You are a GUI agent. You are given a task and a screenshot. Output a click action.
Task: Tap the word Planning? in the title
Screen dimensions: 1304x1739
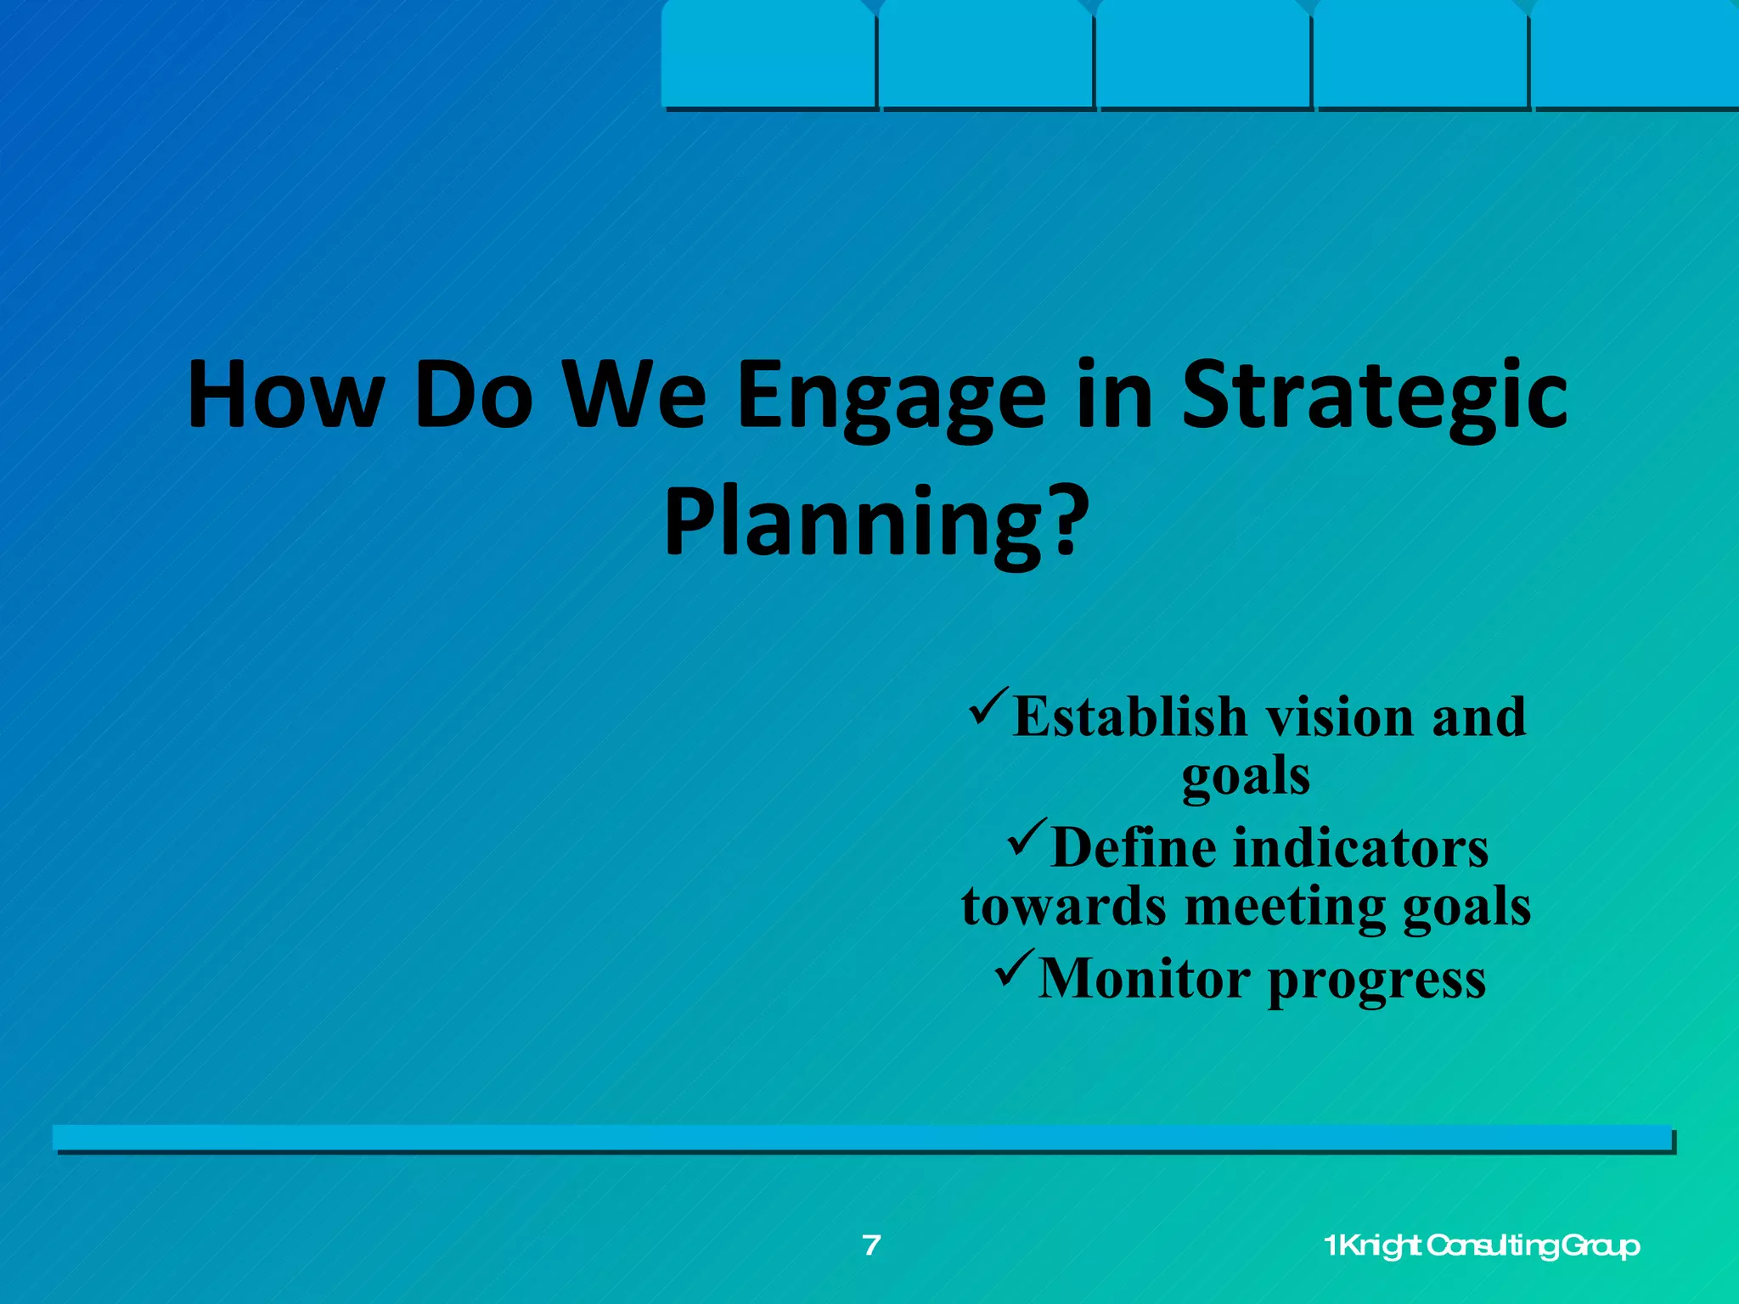pyautogui.click(x=875, y=521)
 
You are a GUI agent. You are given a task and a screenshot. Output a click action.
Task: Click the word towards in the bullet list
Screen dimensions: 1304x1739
pyautogui.click(x=1064, y=906)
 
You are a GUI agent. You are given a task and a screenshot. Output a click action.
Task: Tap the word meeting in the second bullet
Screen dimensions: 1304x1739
pyautogui.click(x=1284, y=906)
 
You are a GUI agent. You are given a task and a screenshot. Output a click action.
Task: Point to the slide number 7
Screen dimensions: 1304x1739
pyautogui.click(x=871, y=1245)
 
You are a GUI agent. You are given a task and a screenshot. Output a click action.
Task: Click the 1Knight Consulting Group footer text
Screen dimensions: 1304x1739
pyautogui.click(x=1482, y=1246)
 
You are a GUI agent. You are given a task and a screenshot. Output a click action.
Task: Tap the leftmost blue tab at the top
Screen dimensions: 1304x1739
pyautogui.click(x=768, y=55)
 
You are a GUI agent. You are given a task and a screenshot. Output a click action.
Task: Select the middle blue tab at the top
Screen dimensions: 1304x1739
pyautogui.click(x=1203, y=55)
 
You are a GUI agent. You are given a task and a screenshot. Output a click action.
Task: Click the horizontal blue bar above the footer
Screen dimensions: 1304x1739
pyautogui.click(x=862, y=1138)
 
